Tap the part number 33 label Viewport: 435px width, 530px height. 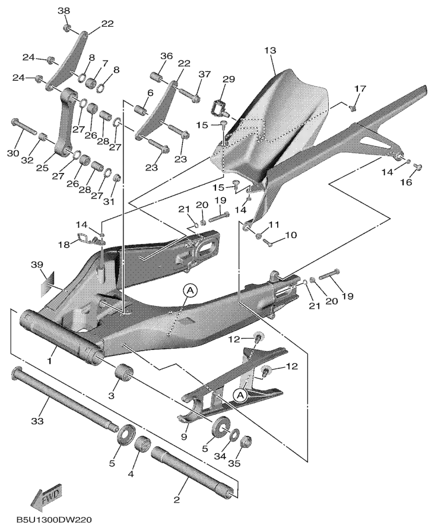(37, 421)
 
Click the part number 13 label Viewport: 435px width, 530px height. (270, 51)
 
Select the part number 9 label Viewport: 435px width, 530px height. (183, 437)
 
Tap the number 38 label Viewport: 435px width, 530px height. (63, 11)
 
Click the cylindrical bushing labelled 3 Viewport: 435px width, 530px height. (122, 372)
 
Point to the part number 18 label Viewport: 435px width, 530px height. (63, 244)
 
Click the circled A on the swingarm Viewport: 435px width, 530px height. (190, 291)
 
